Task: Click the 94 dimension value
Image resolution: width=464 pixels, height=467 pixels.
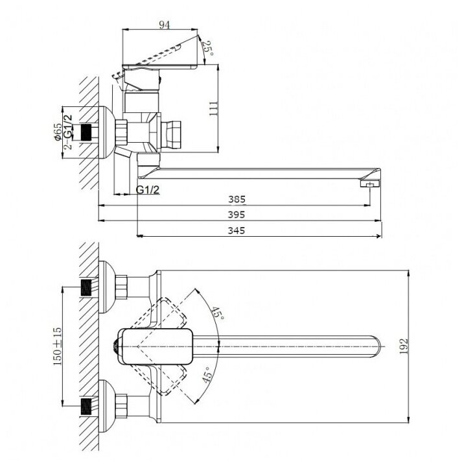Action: click(x=164, y=25)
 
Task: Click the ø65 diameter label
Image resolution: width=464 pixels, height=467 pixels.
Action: click(x=57, y=132)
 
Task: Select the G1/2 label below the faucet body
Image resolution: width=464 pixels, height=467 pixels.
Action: click(x=148, y=190)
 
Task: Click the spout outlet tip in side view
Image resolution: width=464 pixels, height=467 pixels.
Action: click(x=370, y=185)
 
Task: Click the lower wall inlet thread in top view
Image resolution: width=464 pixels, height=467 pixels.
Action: click(x=85, y=407)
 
